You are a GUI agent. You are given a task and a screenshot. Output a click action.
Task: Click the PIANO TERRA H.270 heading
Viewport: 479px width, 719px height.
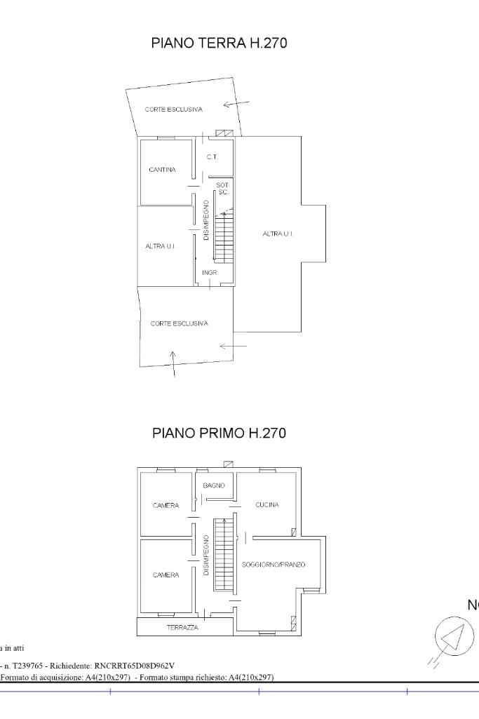(x=219, y=43)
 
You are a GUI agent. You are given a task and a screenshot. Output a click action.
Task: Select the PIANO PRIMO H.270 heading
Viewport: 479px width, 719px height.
(x=219, y=433)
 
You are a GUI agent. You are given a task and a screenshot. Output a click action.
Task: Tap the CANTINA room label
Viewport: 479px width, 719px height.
(x=162, y=170)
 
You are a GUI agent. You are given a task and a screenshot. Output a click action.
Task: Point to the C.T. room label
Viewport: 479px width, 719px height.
(x=212, y=157)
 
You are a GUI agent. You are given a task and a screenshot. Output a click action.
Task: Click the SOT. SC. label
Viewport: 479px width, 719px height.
(x=223, y=189)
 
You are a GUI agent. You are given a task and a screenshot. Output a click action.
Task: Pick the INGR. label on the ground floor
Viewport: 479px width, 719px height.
(x=210, y=273)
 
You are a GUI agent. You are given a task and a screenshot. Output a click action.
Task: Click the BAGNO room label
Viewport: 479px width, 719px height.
(x=214, y=485)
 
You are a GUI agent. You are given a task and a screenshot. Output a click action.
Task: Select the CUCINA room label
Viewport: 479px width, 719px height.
(x=267, y=504)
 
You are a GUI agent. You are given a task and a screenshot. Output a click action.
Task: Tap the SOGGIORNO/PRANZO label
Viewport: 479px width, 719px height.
(x=274, y=565)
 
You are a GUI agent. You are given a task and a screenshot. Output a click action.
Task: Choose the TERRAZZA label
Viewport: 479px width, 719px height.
(x=183, y=628)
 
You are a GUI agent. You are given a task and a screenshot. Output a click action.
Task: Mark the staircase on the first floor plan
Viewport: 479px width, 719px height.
(x=224, y=555)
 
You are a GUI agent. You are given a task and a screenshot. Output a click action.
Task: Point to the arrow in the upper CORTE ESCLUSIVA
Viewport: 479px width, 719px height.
(x=236, y=104)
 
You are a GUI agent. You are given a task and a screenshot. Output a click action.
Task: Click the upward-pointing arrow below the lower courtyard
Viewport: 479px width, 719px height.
(x=173, y=364)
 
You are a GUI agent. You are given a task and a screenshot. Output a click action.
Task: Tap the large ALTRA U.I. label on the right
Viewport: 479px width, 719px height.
(x=278, y=234)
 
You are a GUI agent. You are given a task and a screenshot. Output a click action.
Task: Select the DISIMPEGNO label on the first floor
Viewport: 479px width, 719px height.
(x=206, y=556)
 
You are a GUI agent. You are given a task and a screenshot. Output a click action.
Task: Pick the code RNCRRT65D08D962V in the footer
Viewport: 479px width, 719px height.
(x=135, y=666)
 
